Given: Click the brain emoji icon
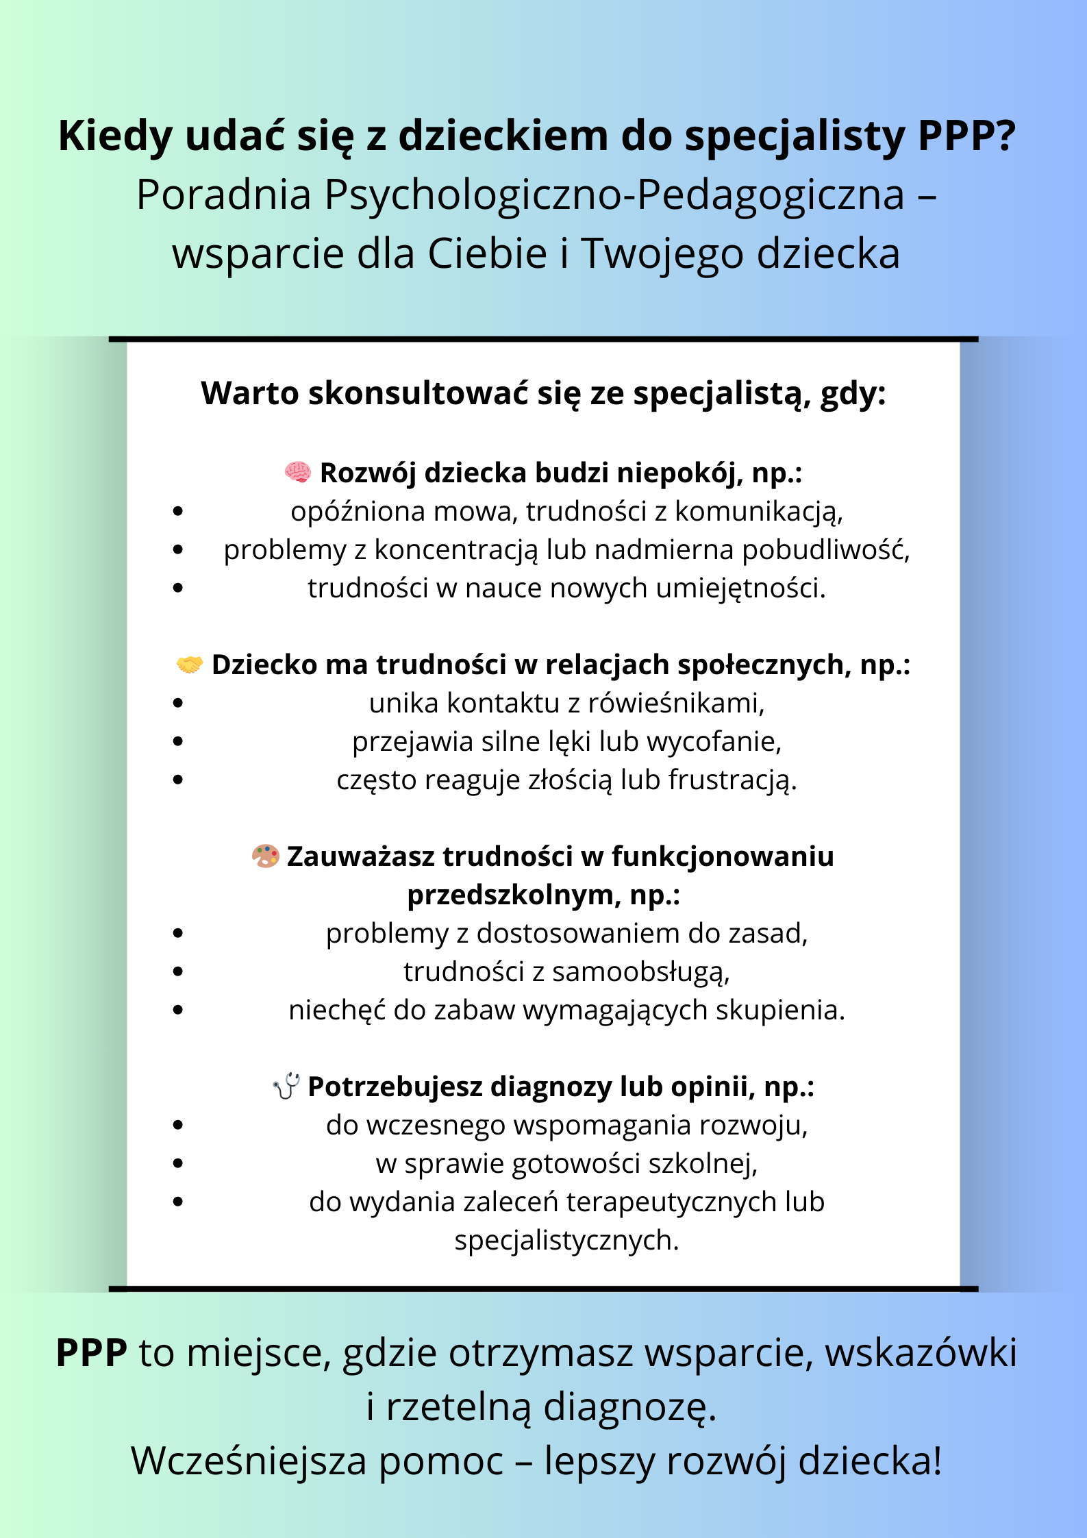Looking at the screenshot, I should coord(298,472).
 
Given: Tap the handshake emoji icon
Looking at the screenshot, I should coord(190,664).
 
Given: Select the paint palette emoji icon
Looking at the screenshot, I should coord(266,856).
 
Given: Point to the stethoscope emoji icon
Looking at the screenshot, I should coord(286,1086).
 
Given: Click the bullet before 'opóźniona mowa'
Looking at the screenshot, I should coord(179,511).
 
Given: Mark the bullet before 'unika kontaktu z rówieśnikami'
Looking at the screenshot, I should coord(179,703).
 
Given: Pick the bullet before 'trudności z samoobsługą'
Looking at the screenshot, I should coord(179,971).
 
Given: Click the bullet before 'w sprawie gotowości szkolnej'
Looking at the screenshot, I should coord(179,1163).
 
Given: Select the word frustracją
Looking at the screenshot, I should coord(732,780).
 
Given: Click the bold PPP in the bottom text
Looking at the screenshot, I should coord(92,1353).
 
